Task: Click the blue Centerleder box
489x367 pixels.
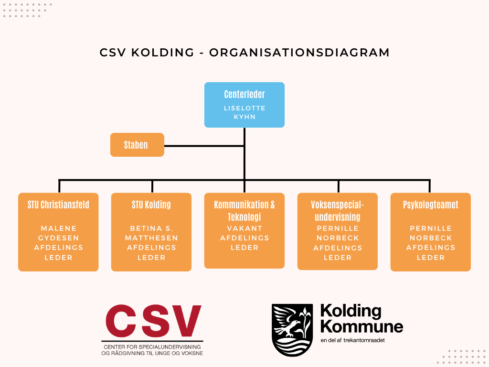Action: (x=244, y=105)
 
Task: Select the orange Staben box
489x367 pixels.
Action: (x=137, y=145)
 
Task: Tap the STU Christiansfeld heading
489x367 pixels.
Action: (x=58, y=205)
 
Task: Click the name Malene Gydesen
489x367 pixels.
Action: (x=58, y=233)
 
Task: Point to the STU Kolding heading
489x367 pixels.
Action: (x=151, y=205)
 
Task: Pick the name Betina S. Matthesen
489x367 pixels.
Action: (x=151, y=233)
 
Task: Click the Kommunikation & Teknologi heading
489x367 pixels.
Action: (x=244, y=211)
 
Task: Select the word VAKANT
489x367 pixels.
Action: (x=244, y=228)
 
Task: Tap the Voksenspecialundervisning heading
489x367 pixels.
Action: (x=338, y=211)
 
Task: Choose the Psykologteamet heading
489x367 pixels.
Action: (x=431, y=205)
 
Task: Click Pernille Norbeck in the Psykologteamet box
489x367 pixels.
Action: (x=431, y=233)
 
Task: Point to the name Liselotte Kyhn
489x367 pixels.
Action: (x=244, y=112)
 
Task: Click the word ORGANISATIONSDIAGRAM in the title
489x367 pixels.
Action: (x=299, y=53)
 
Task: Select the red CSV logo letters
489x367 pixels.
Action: (x=153, y=321)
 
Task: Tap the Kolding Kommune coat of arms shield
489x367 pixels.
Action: (x=292, y=330)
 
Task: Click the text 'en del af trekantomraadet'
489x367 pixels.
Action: (x=353, y=340)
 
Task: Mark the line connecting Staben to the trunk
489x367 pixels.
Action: (x=204, y=146)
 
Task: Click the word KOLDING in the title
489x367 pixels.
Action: (x=163, y=53)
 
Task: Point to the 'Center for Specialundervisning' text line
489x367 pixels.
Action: (x=152, y=347)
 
